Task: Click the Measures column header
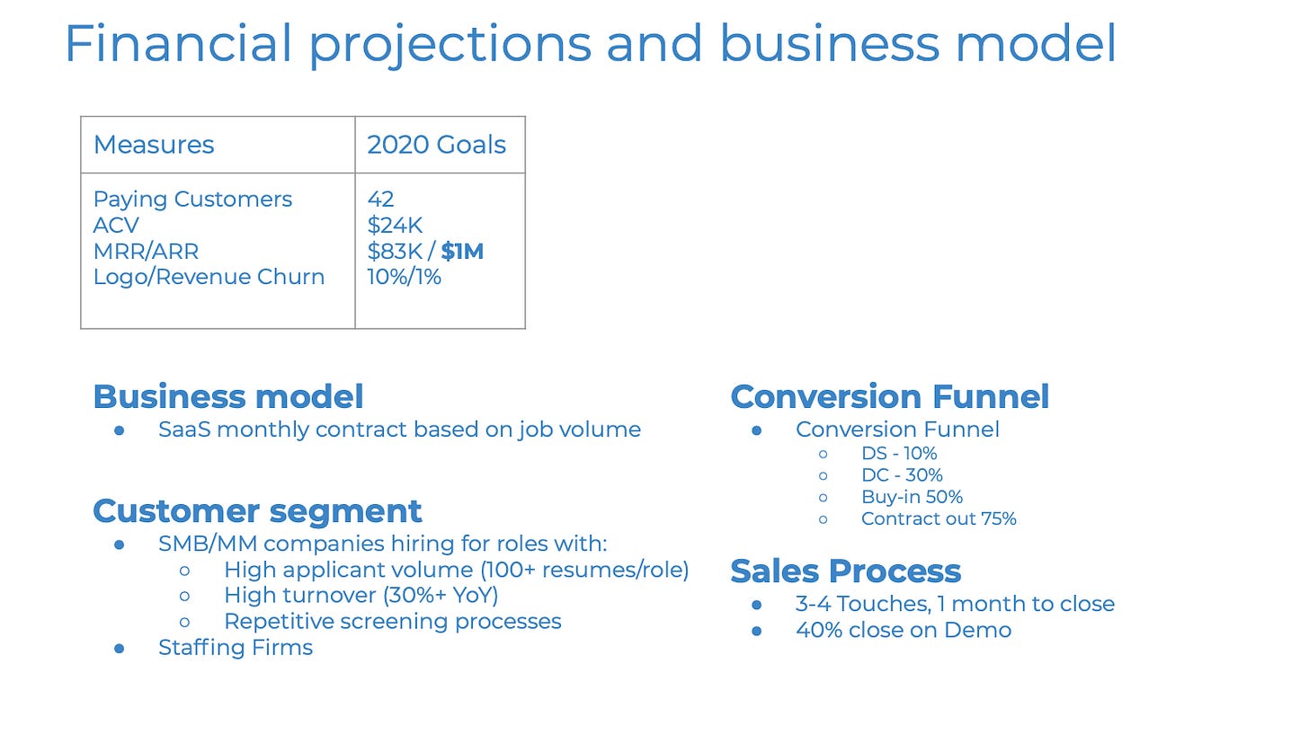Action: tap(154, 145)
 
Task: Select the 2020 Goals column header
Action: tap(437, 145)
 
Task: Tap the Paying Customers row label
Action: tap(192, 199)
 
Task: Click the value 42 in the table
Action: tap(380, 199)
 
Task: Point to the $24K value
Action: tap(395, 225)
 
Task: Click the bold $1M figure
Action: tap(462, 252)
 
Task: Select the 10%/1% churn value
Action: tap(404, 277)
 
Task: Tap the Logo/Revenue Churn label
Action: tap(209, 277)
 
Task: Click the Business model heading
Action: tap(228, 397)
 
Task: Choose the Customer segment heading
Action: tap(257, 512)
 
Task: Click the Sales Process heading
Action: tap(846, 571)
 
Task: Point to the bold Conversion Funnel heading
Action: tap(890, 397)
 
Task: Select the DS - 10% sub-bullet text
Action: tap(899, 454)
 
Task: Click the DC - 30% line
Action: tap(902, 475)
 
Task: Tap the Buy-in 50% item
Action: tap(912, 497)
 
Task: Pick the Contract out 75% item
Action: tap(939, 518)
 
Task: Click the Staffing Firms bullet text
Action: tap(236, 648)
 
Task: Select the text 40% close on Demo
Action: tap(904, 631)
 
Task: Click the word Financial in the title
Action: tap(178, 43)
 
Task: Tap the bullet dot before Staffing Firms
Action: tap(120, 649)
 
